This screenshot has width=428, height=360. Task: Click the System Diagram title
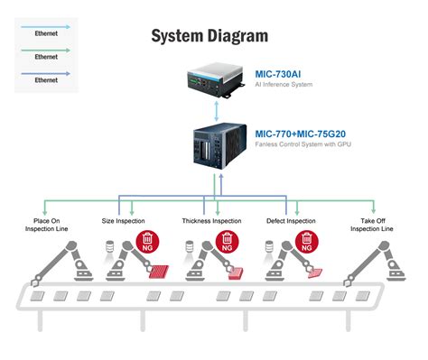point(209,36)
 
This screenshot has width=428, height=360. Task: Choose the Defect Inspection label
point(291,220)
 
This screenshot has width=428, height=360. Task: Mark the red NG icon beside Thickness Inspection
point(226,242)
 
